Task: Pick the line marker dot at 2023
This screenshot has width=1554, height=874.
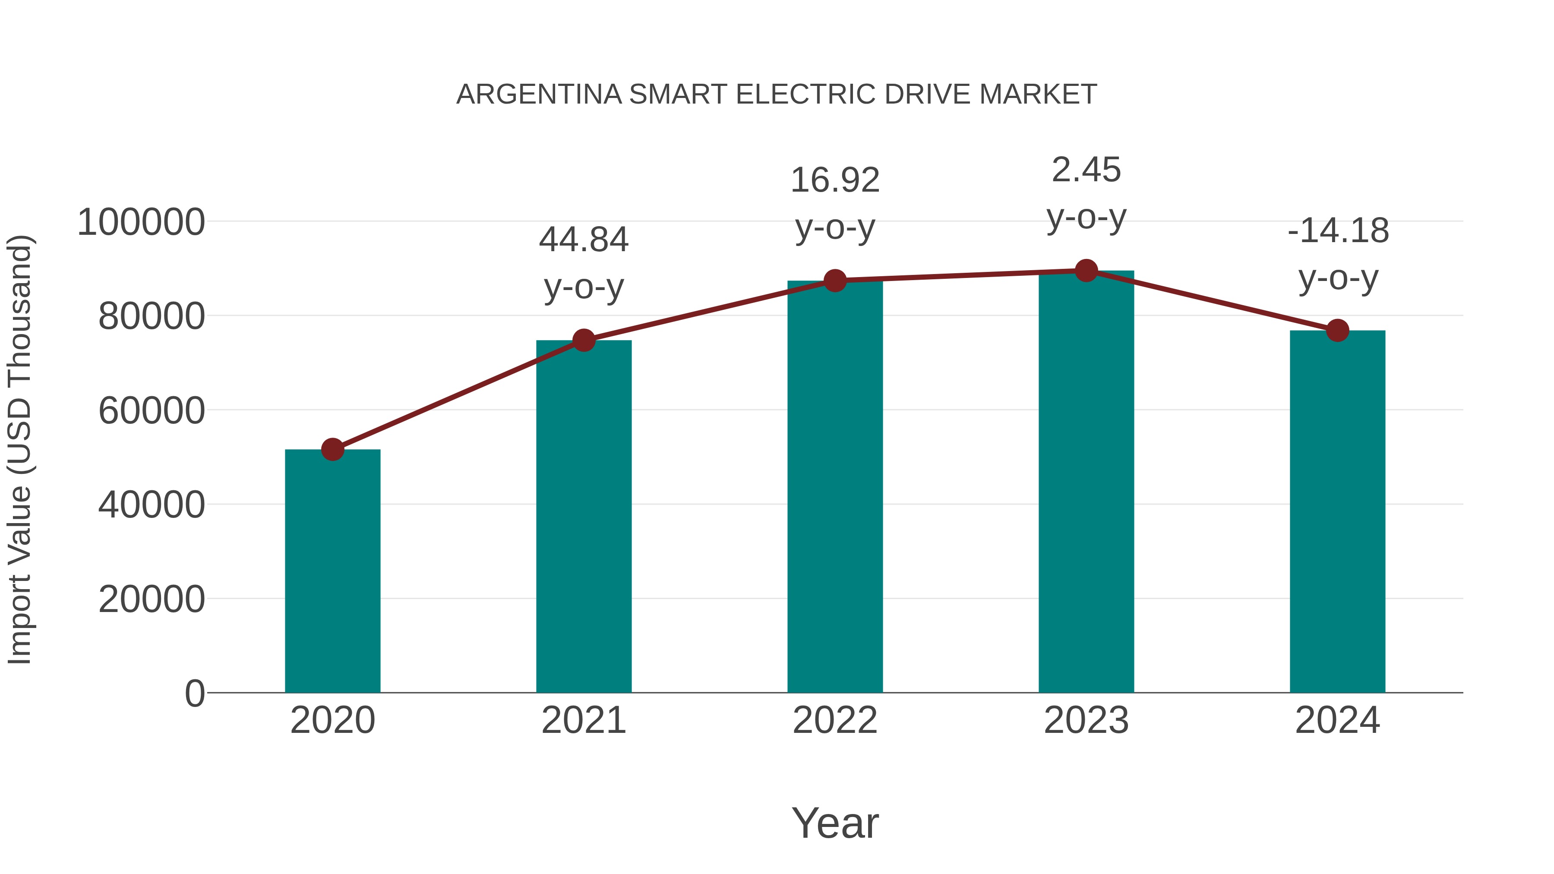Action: (x=1086, y=271)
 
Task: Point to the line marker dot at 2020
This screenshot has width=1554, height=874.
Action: (x=332, y=449)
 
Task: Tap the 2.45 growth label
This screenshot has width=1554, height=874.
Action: (x=1086, y=170)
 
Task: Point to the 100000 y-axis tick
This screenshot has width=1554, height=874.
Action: (x=141, y=222)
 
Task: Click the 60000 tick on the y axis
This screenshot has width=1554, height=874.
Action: (x=152, y=411)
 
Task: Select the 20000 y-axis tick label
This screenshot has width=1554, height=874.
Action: (x=152, y=599)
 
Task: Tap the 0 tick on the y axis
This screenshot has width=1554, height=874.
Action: (x=195, y=693)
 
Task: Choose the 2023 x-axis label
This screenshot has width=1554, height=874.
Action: (x=1086, y=720)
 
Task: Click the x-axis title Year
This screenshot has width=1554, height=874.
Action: (x=835, y=823)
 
